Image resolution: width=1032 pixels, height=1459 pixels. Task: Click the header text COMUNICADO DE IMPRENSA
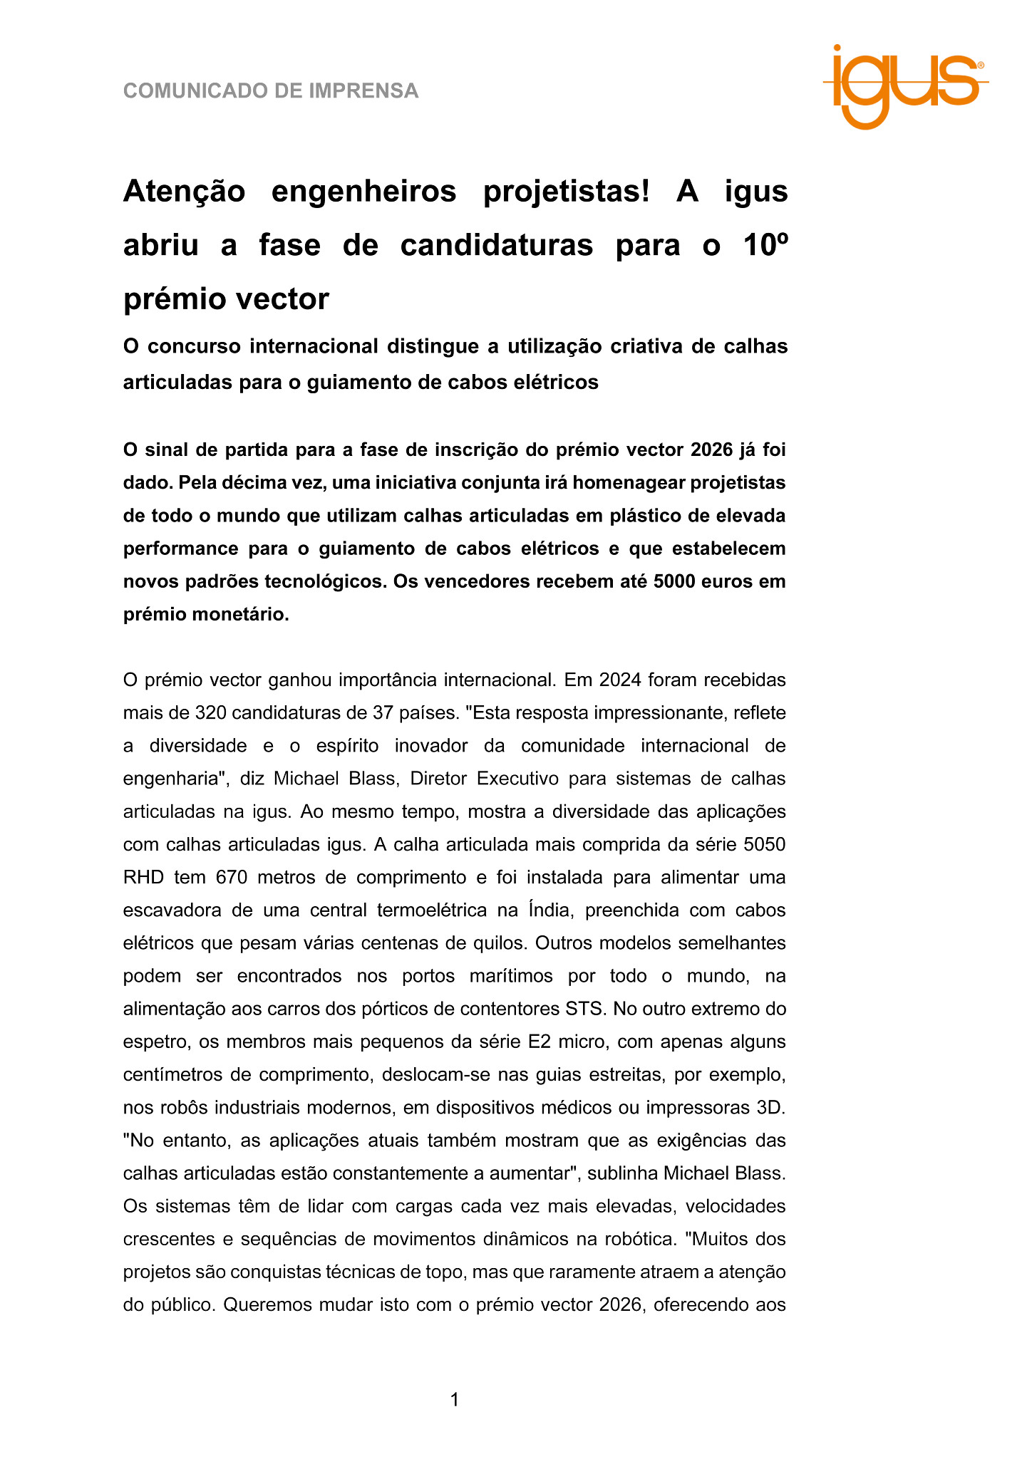271,91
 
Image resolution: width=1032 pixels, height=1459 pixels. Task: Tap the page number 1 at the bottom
455,1400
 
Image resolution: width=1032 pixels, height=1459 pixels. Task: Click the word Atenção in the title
184,192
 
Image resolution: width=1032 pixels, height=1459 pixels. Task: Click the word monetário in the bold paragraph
241,614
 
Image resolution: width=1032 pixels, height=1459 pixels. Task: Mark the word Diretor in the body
438,778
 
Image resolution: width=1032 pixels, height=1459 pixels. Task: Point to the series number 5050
764,844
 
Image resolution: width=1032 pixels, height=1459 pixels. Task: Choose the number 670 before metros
232,877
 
